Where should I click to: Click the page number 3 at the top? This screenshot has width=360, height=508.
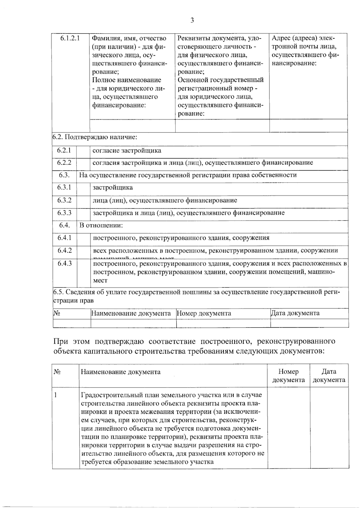click(x=192, y=20)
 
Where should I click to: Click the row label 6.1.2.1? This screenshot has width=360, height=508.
click(x=70, y=38)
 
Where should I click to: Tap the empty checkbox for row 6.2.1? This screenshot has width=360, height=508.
click(x=83, y=152)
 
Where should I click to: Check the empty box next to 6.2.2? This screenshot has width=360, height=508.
click(x=83, y=164)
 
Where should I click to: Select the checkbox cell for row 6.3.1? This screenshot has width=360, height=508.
click(x=83, y=189)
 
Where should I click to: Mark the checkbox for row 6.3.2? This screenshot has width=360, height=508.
click(x=83, y=202)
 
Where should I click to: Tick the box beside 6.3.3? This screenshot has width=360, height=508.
click(x=83, y=214)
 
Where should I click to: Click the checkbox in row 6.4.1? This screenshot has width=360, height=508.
click(x=84, y=239)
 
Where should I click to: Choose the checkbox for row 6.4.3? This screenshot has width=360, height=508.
click(x=84, y=273)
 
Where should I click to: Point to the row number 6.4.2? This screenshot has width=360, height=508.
click(x=65, y=251)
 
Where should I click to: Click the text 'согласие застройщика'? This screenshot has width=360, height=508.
click(x=127, y=150)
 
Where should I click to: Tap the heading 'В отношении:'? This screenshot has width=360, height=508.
click(x=101, y=225)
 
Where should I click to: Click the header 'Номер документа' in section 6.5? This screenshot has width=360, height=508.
click(x=204, y=313)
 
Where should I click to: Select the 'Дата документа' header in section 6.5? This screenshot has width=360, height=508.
click(x=295, y=313)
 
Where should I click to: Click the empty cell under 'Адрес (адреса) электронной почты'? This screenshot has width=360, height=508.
click(x=308, y=126)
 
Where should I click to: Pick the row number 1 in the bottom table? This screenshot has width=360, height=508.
click(x=55, y=395)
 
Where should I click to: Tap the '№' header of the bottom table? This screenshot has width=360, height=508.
click(x=57, y=372)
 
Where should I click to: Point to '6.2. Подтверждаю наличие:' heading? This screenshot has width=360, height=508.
click(x=95, y=137)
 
